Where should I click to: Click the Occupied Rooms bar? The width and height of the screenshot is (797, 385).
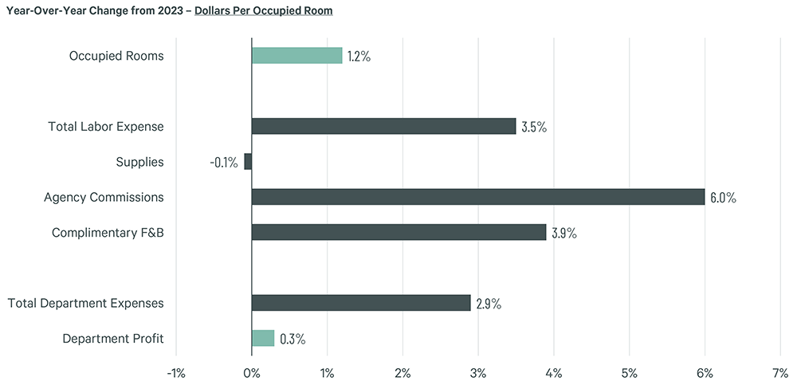point(296,56)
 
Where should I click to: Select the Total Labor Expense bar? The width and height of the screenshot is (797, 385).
point(383,126)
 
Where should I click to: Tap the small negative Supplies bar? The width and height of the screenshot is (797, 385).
point(248,162)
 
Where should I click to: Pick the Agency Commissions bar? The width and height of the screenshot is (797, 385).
point(478,197)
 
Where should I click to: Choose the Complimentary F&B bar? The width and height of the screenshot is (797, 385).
point(398,232)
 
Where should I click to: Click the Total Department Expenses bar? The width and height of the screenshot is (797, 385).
point(361,303)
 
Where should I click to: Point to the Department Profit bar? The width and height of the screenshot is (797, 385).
point(263,338)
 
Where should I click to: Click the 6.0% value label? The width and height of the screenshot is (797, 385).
point(723,198)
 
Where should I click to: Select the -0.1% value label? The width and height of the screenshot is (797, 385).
point(224,163)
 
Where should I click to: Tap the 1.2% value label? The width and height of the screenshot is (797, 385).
point(359,57)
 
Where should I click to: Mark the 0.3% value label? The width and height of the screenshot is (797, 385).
point(292,339)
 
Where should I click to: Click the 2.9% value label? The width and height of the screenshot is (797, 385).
point(489,304)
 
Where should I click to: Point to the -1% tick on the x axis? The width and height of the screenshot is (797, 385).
point(175,372)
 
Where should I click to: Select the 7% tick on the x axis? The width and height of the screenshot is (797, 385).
point(780,372)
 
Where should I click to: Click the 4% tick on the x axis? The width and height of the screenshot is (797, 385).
point(554,372)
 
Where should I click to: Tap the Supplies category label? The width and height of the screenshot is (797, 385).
point(139,162)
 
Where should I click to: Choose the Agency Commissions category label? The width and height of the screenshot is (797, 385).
point(104,197)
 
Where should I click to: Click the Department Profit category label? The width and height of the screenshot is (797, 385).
point(113,338)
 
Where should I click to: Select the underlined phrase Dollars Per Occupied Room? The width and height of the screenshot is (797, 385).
point(265,11)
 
